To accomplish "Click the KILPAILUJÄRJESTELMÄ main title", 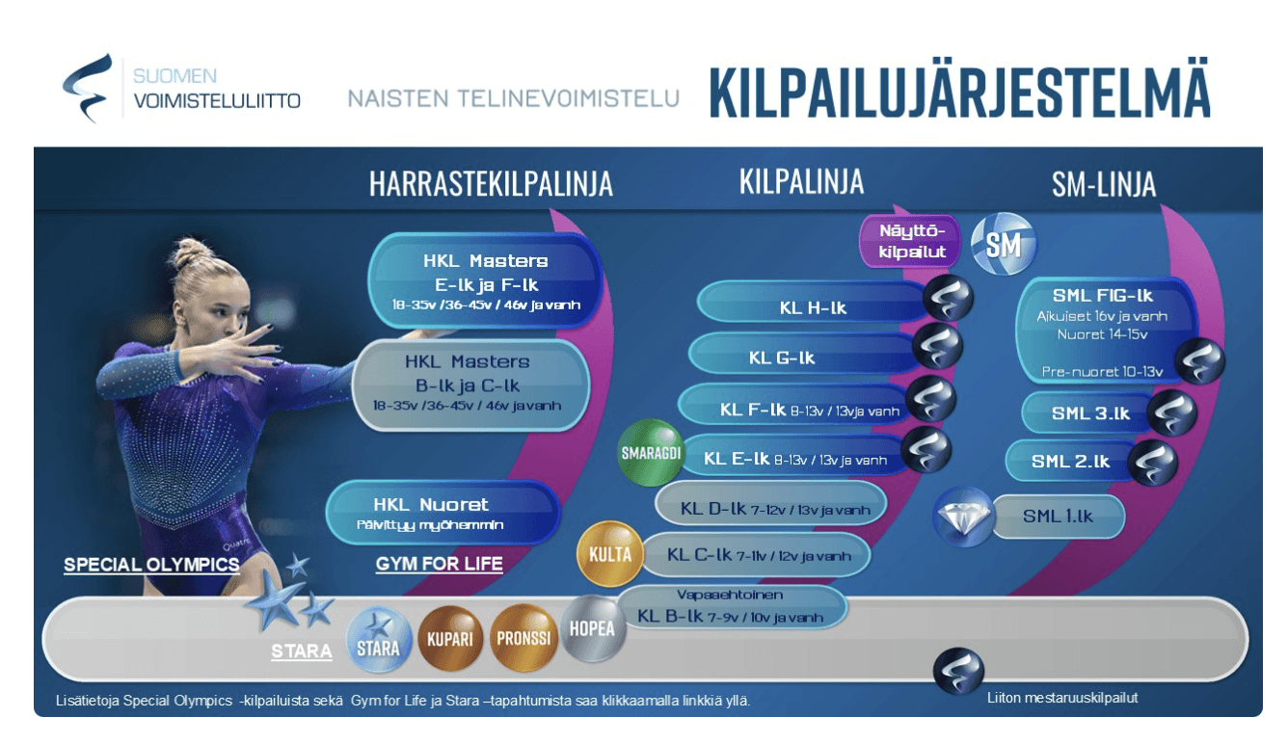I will click(958, 93).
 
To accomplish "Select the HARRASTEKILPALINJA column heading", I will click(491, 184).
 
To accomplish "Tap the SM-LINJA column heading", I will click(1104, 184).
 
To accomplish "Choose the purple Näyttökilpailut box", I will click(910, 241).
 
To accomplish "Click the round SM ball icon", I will click(1003, 244).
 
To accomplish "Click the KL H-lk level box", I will click(812, 308).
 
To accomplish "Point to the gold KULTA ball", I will click(609, 554).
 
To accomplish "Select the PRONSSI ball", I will click(523, 638).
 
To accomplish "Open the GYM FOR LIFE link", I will click(440, 564).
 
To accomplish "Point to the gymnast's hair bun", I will click(191, 254).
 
